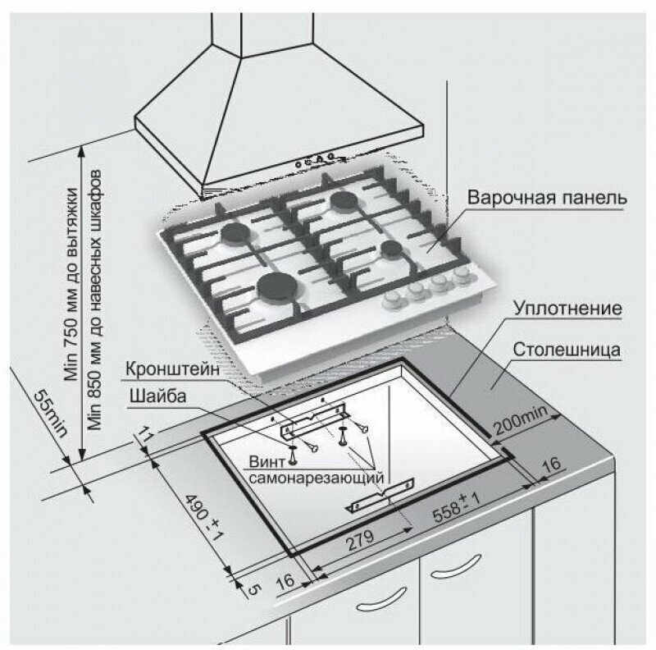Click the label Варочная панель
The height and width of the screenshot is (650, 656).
(x=548, y=199)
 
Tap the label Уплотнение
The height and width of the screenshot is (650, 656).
(x=567, y=309)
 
